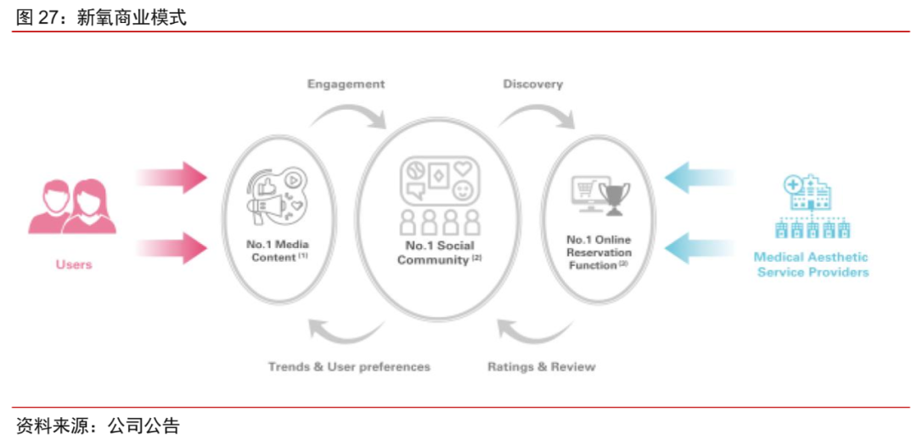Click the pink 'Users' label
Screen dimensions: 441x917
[74, 264]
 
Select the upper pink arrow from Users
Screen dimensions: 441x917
[172, 177]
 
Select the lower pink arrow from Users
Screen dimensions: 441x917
[172, 249]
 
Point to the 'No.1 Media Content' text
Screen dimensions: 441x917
[278, 251]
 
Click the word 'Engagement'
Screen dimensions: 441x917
[346, 84]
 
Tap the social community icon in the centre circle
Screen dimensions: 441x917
[440, 195]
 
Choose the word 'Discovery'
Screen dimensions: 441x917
[532, 84]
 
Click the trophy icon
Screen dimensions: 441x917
[614, 196]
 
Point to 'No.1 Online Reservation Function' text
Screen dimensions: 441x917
[599, 252]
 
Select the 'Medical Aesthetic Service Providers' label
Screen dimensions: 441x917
[812, 264]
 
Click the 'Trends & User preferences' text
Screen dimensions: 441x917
[349, 367]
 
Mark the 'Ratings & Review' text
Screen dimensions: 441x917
[542, 367]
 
